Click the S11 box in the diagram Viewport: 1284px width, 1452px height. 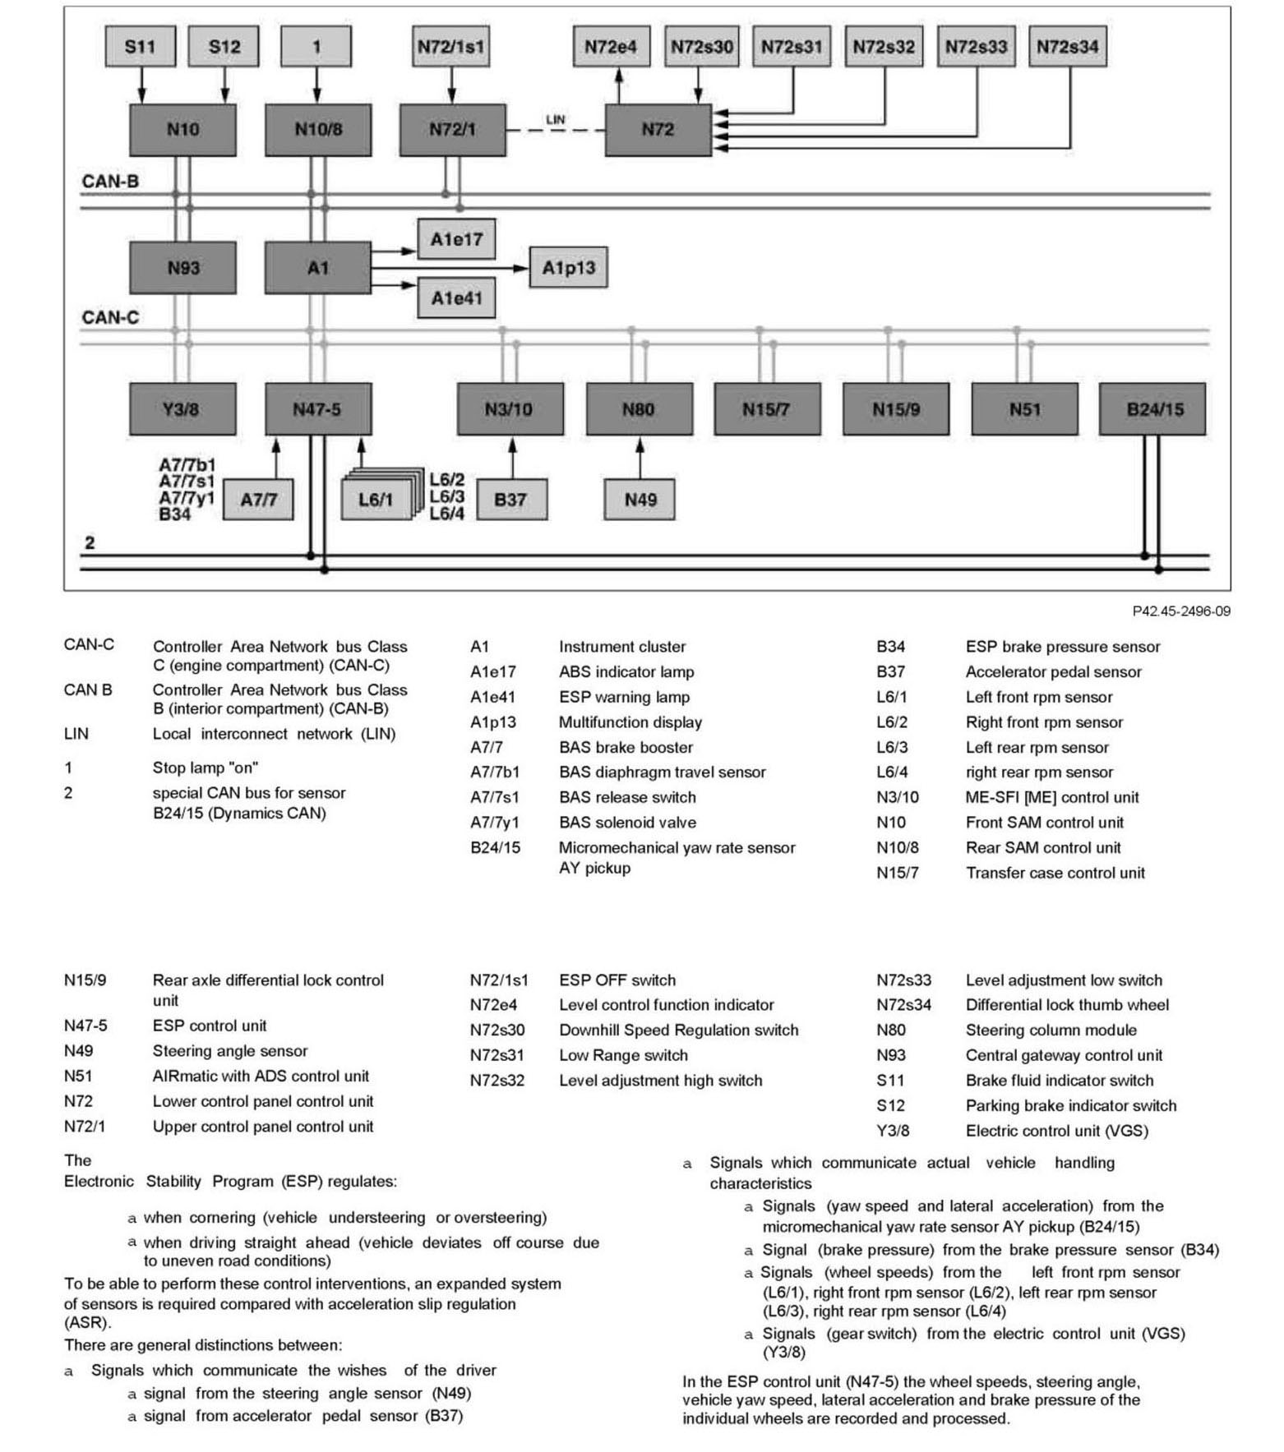(x=140, y=47)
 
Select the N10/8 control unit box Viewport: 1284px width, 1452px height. (x=317, y=130)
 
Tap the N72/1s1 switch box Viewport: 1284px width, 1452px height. (x=450, y=47)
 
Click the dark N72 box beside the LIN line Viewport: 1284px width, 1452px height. (x=658, y=130)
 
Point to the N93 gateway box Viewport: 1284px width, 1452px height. (x=182, y=268)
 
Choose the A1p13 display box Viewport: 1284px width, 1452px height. (x=568, y=268)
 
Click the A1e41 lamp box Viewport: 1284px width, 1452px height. (x=456, y=297)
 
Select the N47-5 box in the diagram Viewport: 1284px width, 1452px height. (x=317, y=409)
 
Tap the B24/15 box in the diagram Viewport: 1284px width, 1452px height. (x=1152, y=409)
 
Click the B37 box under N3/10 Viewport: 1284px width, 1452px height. (x=510, y=500)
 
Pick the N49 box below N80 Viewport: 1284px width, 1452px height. (x=640, y=500)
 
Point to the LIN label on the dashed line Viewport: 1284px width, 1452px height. (x=556, y=120)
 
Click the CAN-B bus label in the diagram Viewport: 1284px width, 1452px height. (x=110, y=182)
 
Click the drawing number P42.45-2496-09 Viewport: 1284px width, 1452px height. (x=1180, y=611)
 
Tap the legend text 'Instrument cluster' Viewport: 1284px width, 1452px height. (x=621, y=647)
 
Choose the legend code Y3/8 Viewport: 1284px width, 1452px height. (x=893, y=1131)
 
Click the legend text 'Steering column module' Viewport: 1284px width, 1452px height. (x=1051, y=1030)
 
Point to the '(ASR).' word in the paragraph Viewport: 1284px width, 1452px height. (x=87, y=1323)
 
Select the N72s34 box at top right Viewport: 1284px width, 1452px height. (x=1067, y=47)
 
